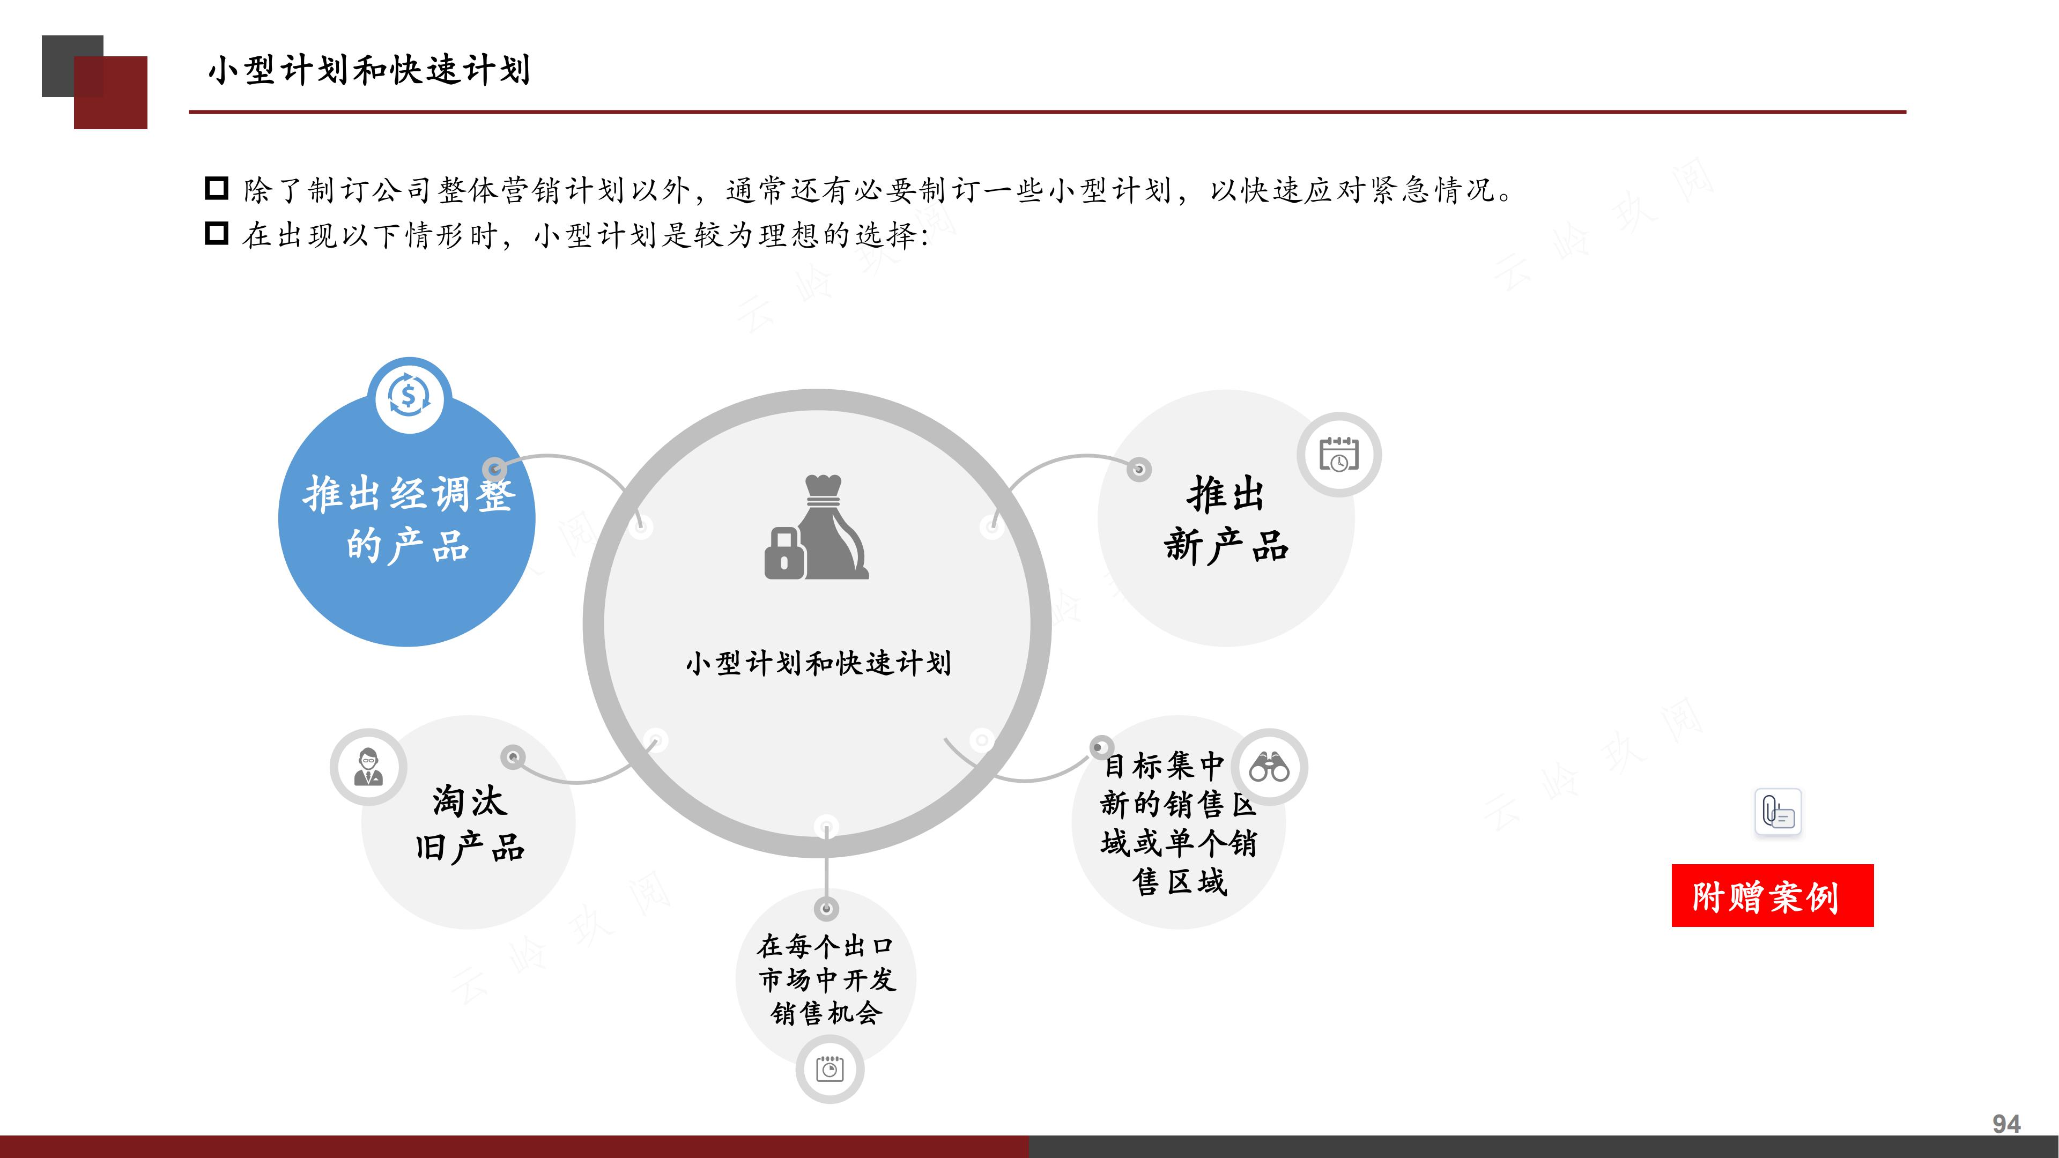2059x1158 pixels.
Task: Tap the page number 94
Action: (2005, 1124)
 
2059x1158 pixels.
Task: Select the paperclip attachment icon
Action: (1777, 812)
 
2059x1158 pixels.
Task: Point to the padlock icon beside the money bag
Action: (783, 553)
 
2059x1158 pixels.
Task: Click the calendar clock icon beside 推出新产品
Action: (1338, 454)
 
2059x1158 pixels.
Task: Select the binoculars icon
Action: (1269, 767)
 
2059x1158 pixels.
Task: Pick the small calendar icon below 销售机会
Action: (829, 1068)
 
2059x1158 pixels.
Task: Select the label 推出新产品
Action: (1225, 519)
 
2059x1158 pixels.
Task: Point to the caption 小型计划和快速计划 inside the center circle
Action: (818, 663)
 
